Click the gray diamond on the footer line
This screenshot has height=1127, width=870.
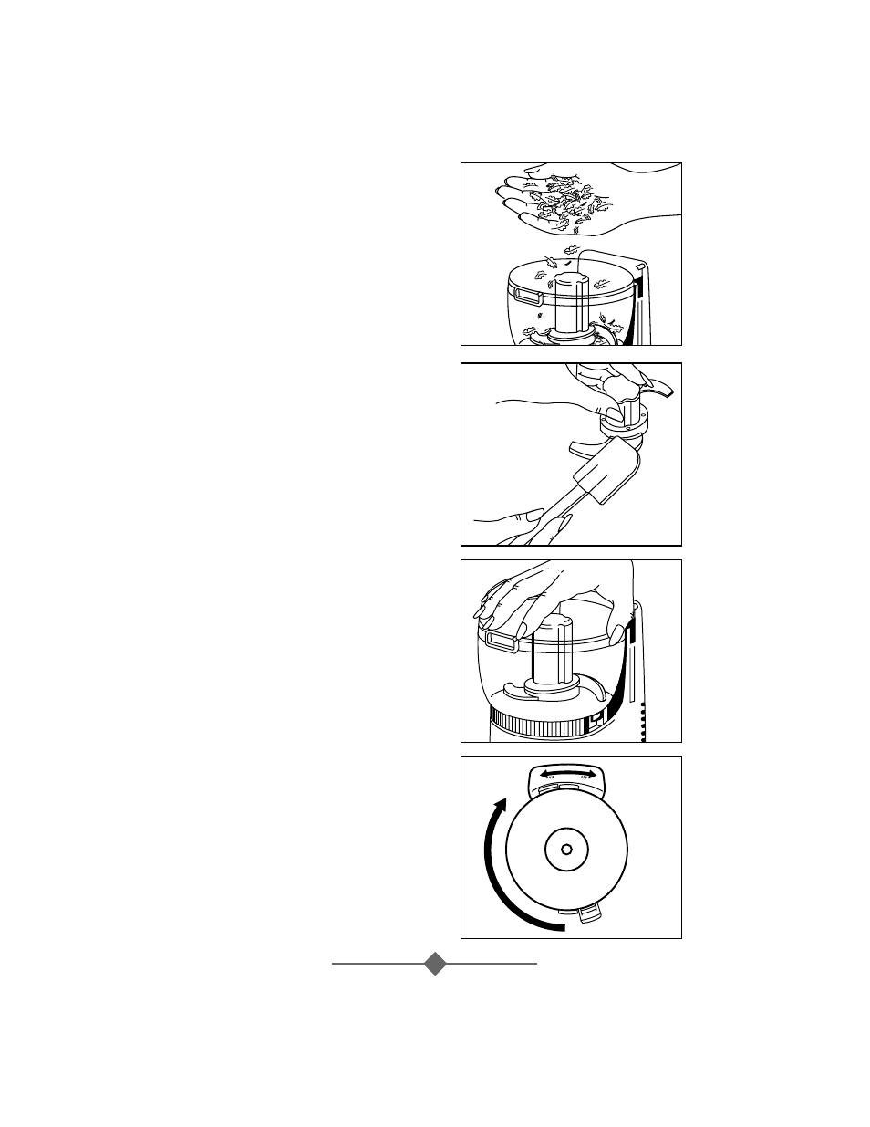(x=436, y=963)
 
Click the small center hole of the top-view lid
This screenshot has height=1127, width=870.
(x=566, y=850)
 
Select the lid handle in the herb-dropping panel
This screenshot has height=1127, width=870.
(x=527, y=294)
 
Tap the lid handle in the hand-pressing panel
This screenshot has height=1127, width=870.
(x=501, y=642)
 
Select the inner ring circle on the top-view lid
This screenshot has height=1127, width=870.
(x=566, y=850)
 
